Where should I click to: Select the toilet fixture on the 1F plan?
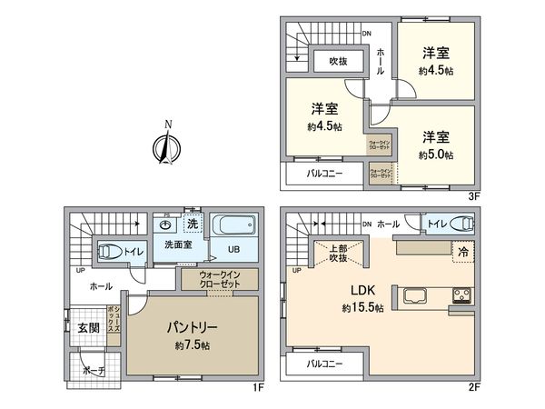click(x=108, y=250)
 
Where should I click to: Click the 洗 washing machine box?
click(x=192, y=224)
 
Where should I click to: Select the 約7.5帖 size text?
click(x=193, y=345)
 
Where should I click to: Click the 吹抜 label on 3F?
click(x=341, y=62)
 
